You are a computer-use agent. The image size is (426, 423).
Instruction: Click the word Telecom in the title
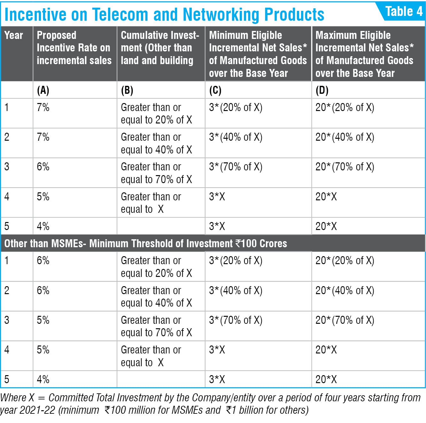point(120,14)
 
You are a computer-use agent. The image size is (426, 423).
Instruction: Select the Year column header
point(13,35)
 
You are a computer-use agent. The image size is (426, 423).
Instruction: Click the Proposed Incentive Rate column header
point(74,48)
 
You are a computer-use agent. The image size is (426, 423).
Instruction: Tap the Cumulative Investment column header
point(160,48)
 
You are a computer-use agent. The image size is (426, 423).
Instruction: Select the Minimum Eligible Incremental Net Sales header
point(258,54)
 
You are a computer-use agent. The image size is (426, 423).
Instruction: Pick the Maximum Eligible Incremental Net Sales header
point(364,54)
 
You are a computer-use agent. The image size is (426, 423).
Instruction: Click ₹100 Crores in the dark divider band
point(261,243)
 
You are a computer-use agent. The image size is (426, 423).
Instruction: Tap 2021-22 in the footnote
point(37,410)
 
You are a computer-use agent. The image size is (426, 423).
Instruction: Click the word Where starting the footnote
point(13,397)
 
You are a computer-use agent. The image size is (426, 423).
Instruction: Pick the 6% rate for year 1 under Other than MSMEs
point(43,261)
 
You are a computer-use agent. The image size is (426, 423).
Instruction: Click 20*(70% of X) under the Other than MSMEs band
point(345,320)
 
